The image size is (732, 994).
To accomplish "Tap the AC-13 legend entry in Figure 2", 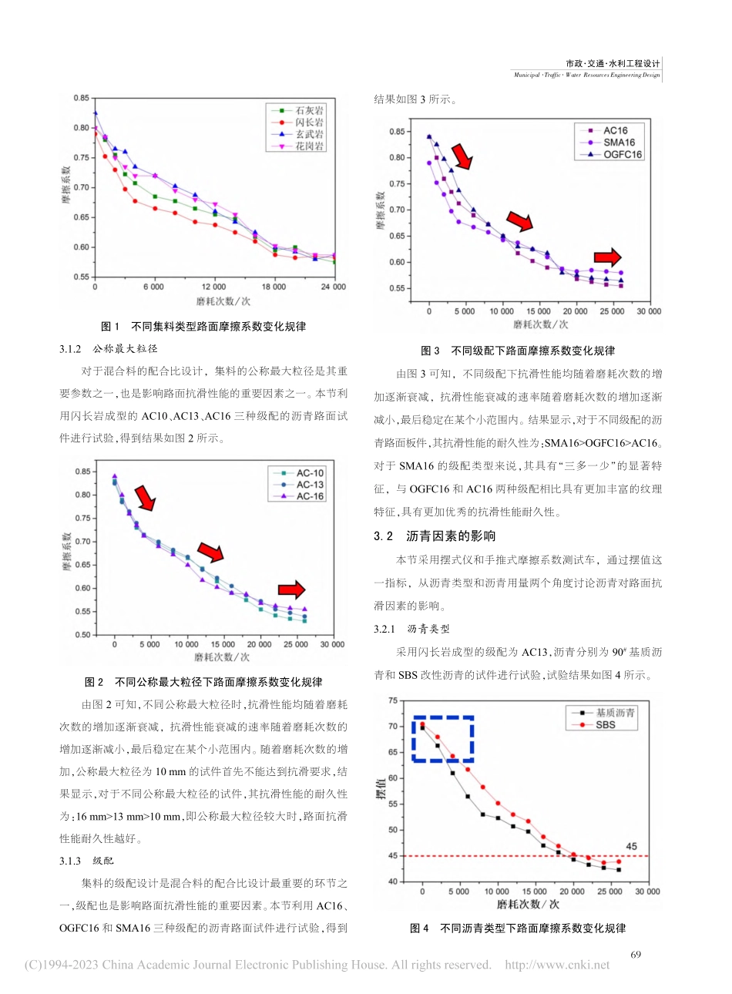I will (309, 485).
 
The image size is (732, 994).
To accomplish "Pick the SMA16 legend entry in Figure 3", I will (618, 143).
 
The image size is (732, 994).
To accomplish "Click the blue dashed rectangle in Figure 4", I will (442, 739).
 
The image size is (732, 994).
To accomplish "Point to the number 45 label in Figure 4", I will (631, 846).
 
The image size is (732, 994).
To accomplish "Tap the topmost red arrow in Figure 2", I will (145, 498).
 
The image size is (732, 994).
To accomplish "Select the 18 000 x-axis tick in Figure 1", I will (274, 287).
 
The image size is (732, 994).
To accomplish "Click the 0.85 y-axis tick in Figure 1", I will (81, 99).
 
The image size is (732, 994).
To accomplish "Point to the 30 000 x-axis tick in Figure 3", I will (648, 311).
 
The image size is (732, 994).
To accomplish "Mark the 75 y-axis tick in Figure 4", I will (393, 700).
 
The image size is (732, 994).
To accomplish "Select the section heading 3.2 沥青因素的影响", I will (435, 536).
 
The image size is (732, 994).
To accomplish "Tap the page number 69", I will (636, 955).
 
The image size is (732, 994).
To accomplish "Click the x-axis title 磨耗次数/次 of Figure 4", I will (528, 904).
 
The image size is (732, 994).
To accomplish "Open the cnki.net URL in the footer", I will (556, 965).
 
